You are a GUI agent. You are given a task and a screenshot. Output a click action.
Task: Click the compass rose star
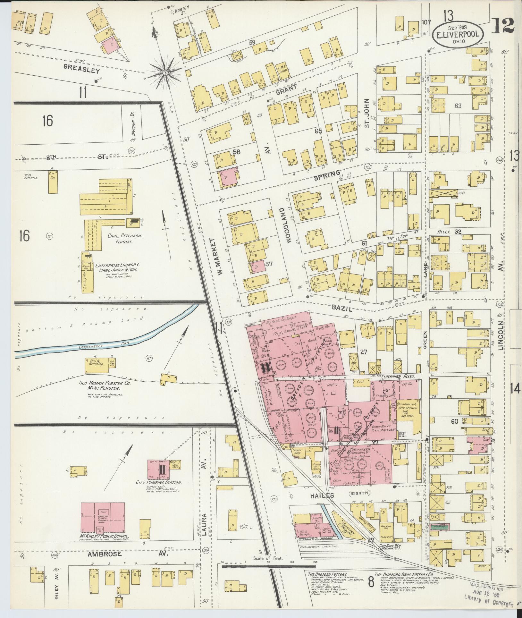(x=165, y=73)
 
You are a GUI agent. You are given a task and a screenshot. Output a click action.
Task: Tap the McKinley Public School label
(x=105, y=537)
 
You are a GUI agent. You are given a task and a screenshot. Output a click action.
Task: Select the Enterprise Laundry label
(x=117, y=265)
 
